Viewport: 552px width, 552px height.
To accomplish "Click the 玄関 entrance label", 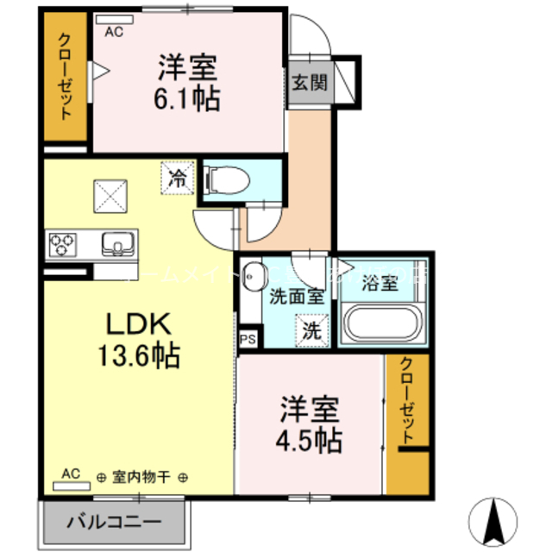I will [x=308, y=84].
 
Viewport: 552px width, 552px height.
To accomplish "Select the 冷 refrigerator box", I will [x=177, y=179].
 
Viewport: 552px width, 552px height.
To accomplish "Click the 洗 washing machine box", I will [x=312, y=329].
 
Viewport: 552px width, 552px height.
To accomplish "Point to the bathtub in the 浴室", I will [x=383, y=326].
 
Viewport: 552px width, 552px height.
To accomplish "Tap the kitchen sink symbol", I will [x=116, y=243].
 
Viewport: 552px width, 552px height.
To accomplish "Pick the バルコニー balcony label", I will [x=113, y=523].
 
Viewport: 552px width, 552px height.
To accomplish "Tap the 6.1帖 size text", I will [x=186, y=97].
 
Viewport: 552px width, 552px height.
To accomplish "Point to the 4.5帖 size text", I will [x=309, y=440].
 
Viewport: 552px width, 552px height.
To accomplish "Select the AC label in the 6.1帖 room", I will [x=113, y=32].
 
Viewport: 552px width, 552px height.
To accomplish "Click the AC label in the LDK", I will [x=71, y=474].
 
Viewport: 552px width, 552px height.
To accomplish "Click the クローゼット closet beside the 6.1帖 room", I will [x=65, y=78].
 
